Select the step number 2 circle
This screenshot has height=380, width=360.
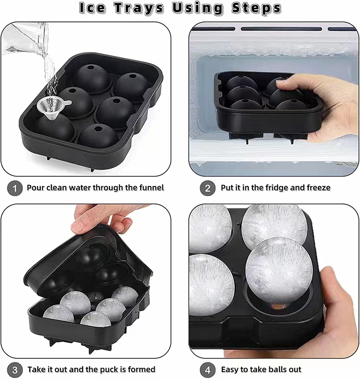(x=207, y=188)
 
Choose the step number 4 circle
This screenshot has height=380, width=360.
(x=207, y=369)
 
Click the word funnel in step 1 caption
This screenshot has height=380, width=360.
(x=149, y=188)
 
